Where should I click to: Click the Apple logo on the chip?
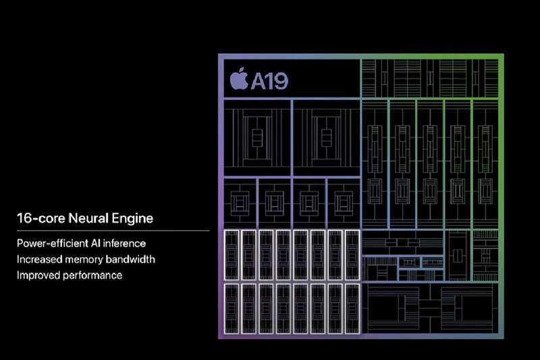(239, 79)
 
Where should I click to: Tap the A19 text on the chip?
(269, 81)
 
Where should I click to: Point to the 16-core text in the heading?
(41, 218)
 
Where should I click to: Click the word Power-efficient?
(53, 243)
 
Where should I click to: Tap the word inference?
(124, 243)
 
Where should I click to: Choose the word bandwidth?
(130, 259)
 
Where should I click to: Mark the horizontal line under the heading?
(113, 230)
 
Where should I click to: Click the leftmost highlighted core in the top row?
(232, 255)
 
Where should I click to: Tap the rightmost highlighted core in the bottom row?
(352, 309)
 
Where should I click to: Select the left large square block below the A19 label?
(257, 138)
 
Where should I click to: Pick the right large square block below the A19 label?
(327, 138)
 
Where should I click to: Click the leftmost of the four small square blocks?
(240, 203)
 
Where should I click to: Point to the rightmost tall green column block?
(485, 164)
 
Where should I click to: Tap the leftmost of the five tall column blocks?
(375, 164)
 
